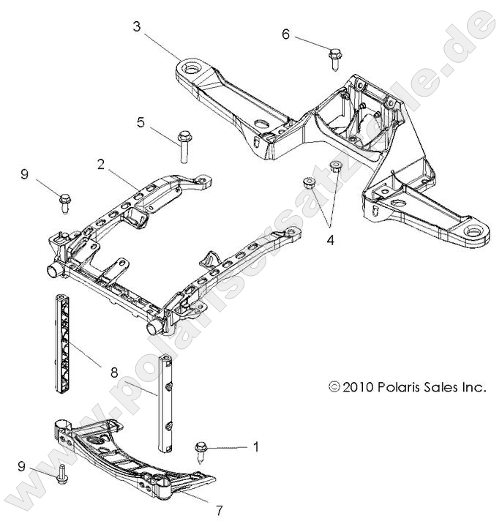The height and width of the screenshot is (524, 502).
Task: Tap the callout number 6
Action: click(286, 34)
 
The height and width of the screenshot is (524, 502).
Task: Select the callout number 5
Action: click(141, 123)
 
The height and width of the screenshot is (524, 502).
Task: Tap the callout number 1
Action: click(255, 444)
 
